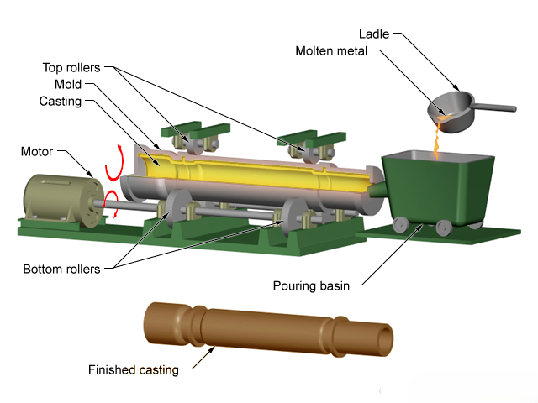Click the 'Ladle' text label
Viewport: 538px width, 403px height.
[x=374, y=34]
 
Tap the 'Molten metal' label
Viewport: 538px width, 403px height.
[x=331, y=50]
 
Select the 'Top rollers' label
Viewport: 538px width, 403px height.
[x=71, y=67]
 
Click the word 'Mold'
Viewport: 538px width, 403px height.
[x=68, y=84]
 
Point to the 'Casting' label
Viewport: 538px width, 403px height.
[x=61, y=101]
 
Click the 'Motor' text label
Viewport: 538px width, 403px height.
[x=37, y=151]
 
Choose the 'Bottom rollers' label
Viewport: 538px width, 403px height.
[x=61, y=269]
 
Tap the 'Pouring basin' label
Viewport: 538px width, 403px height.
[x=311, y=285]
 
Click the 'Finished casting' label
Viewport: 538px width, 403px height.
[x=134, y=369]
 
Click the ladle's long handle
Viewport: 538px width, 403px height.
[x=494, y=107]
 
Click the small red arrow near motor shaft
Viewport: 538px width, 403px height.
[x=113, y=203]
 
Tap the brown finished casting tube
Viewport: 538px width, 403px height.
[x=268, y=330]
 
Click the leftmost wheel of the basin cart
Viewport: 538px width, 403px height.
[x=400, y=225]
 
